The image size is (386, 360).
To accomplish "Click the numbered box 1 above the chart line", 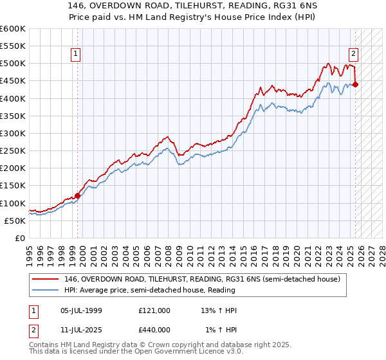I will tap(76, 55).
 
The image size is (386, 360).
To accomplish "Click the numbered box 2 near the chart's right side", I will tap(354, 55).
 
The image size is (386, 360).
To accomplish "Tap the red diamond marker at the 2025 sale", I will tap(356, 84).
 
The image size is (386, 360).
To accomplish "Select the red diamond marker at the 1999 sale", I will tap(78, 195).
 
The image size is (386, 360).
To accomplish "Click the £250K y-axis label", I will tap(13, 151).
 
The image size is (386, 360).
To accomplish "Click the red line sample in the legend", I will tap(45, 279).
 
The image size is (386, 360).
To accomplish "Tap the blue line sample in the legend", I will tap(45, 290).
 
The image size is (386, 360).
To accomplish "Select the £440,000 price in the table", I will tap(154, 330).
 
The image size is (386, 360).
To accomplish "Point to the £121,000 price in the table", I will tap(154, 310).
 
